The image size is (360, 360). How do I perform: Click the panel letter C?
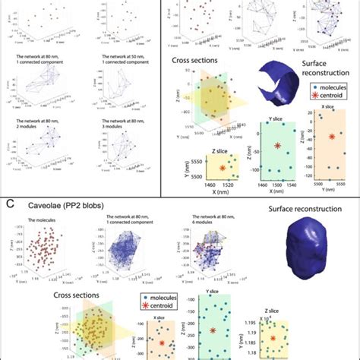pos(11,204)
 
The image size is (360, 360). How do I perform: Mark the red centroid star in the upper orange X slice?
pos(332,137)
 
